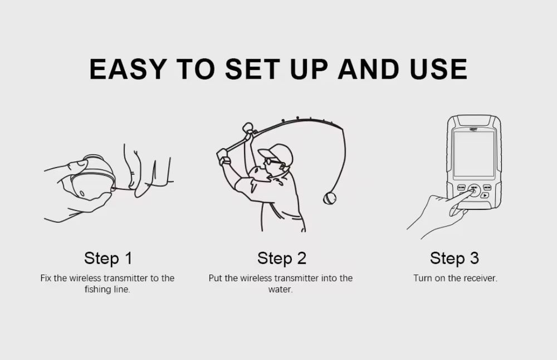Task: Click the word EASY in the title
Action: [x=128, y=69]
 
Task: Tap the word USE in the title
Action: [x=438, y=69]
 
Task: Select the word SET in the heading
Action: [x=252, y=69]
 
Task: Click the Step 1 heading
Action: [x=108, y=259]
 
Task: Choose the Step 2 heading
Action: [x=282, y=259]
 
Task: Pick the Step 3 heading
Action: [x=455, y=259]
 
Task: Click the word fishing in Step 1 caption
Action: [x=97, y=289]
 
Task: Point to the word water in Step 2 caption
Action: [x=280, y=289]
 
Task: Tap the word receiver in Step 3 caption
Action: [x=479, y=278]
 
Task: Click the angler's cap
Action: [x=276, y=153]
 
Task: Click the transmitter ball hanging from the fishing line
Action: [x=329, y=198]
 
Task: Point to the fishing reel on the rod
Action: [x=248, y=129]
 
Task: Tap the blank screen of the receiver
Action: [x=474, y=153]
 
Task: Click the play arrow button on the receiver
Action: [x=485, y=195]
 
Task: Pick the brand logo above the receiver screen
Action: [x=473, y=129]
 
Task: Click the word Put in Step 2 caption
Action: [x=215, y=278]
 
